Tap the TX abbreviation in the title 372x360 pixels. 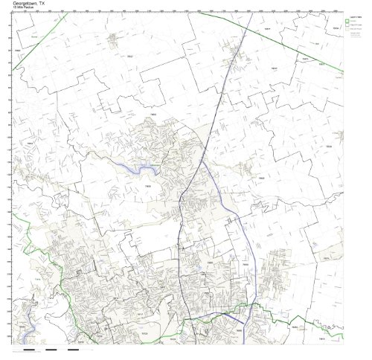coord(50,3)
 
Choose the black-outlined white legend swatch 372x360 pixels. coord(347,27)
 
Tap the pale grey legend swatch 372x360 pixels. coord(347,32)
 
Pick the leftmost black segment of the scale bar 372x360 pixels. coord(29,349)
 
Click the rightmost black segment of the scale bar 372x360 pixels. coord(73,349)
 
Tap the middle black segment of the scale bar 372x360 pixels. coord(51,349)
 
